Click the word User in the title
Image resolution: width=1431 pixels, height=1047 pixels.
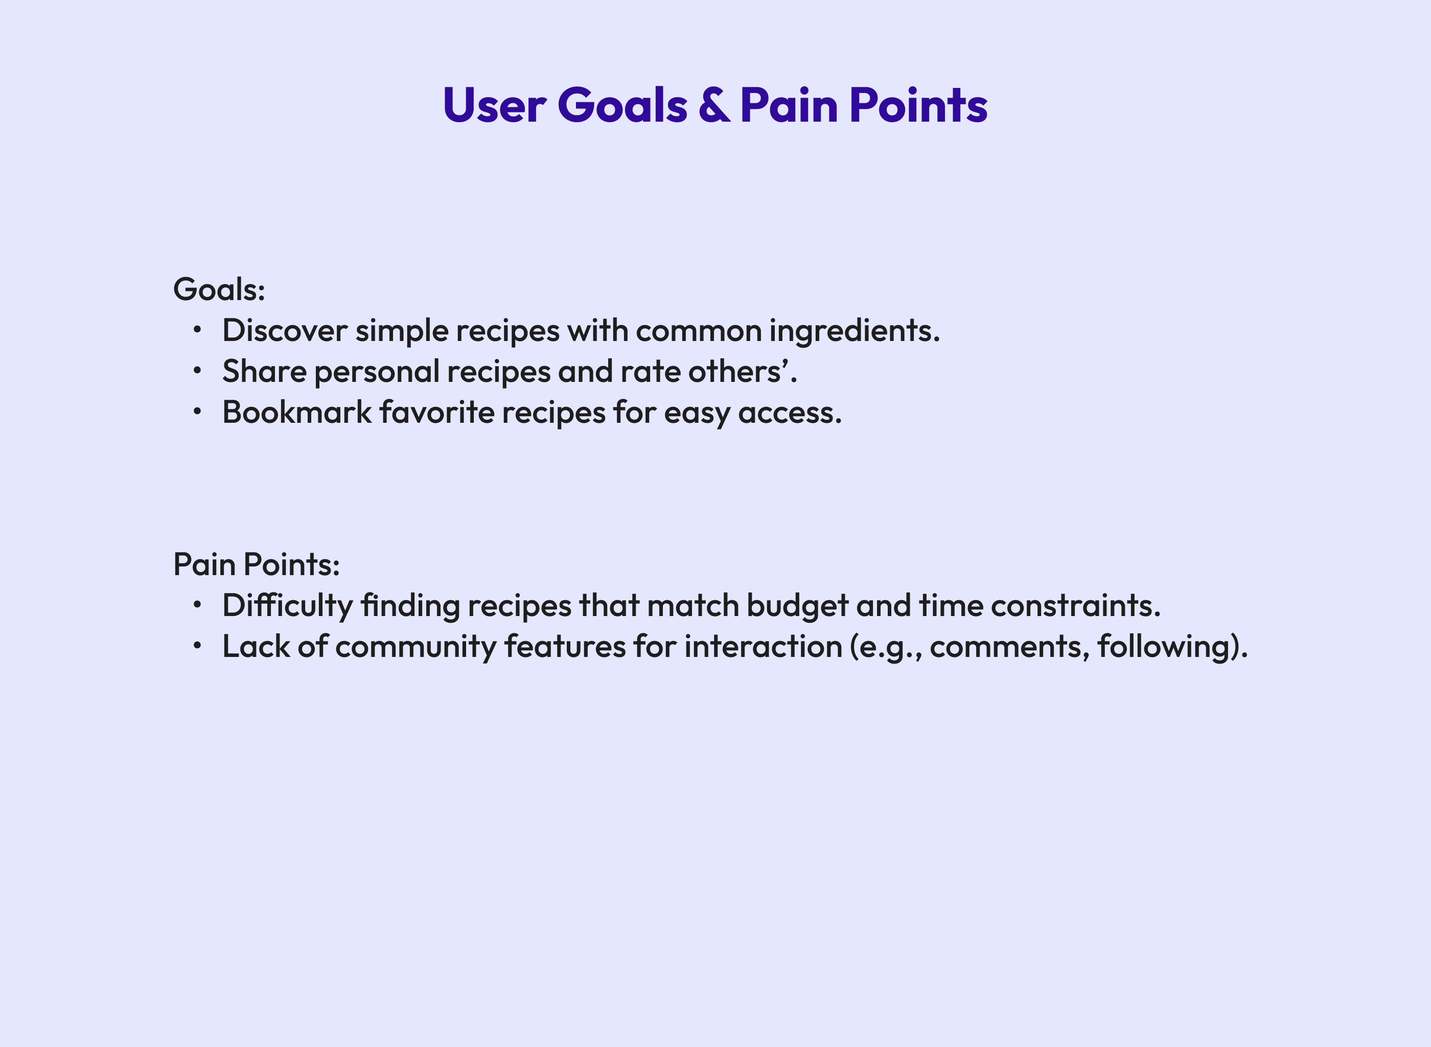[494, 105]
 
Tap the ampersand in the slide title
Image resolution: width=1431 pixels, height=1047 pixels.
[714, 105]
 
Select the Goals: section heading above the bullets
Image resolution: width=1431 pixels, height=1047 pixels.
[219, 290]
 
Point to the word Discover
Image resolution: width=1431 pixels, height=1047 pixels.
[285, 331]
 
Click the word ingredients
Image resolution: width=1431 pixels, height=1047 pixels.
[854, 331]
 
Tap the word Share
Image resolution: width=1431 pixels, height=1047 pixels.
[264, 371]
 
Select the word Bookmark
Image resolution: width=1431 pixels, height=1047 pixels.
[296, 413]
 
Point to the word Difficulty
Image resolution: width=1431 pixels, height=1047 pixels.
[287, 605]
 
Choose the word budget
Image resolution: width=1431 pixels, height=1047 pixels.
[797, 605]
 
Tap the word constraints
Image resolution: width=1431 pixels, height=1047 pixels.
[1075, 605]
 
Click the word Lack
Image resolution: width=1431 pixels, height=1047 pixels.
[256, 647]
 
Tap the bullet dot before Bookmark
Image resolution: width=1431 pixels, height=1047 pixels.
[198, 412]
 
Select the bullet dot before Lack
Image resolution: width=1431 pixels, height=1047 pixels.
[198, 645]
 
